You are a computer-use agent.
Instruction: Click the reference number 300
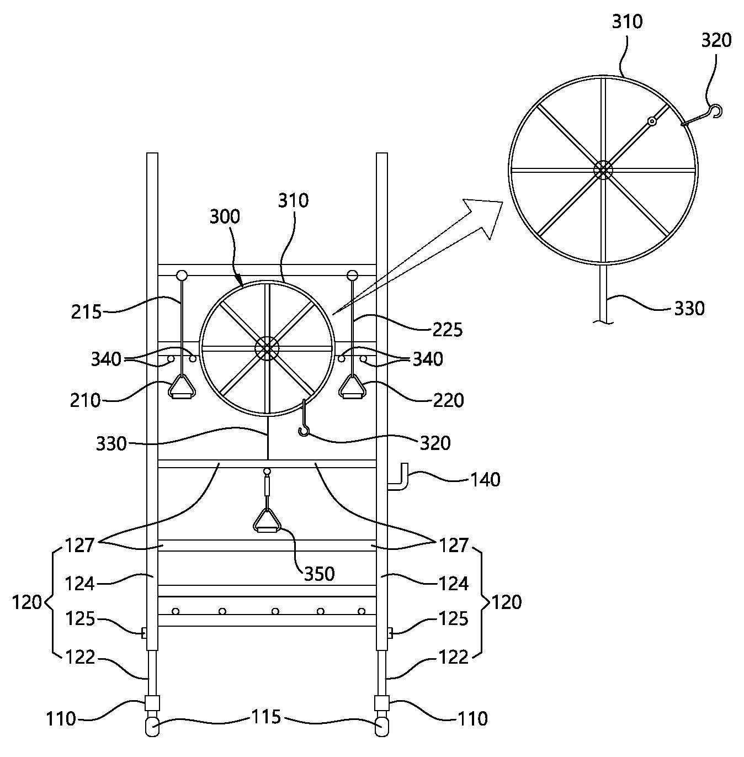pos(224,216)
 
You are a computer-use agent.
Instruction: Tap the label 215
pos(86,313)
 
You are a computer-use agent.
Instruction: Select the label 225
pos(448,330)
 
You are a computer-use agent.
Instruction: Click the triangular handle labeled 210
pos(182,387)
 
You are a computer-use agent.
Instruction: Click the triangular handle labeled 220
pos(352,387)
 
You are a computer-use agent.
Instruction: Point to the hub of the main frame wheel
pos(267,348)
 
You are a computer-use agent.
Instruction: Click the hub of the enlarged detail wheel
pos(603,170)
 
